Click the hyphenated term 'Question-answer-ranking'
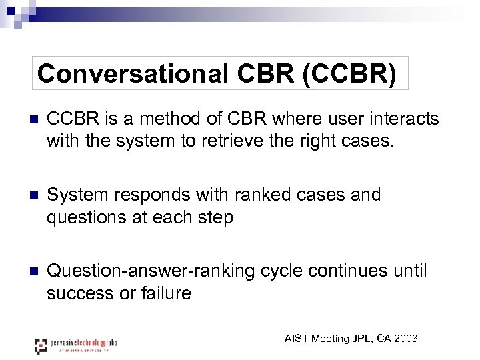pos(147,271)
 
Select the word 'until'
pos(409,271)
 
